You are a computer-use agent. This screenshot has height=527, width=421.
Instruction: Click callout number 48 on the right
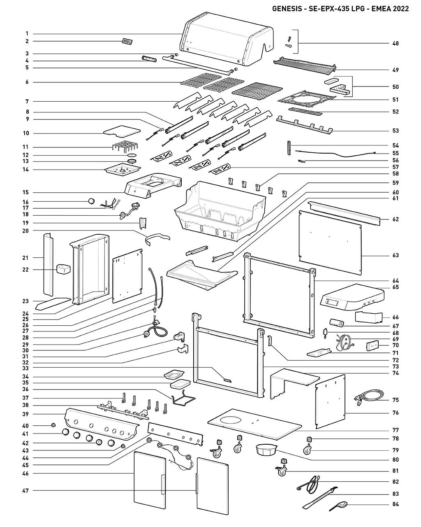(x=396, y=43)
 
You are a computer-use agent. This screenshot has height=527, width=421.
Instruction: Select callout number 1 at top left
(x=26, y=33)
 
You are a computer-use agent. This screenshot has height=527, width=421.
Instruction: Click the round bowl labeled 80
(x=265, y=450)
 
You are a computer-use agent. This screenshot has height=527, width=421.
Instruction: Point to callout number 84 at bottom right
(x=396, y=504)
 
